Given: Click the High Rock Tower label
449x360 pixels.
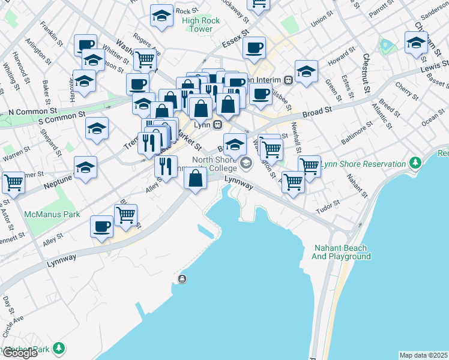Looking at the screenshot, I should pos(201,25).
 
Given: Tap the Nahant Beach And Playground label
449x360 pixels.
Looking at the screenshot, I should pos(341,252).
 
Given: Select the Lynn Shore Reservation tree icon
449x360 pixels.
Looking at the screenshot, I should pos(414,163).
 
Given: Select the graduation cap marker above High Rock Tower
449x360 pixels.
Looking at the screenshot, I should pos(161,16).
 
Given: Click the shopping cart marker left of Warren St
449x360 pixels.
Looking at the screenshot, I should pos(14,182).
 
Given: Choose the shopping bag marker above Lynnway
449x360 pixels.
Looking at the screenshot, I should pos(196,179).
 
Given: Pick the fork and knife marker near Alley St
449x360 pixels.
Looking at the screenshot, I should pos(166,166).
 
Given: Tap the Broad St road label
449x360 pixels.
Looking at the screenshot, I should pos(317,112).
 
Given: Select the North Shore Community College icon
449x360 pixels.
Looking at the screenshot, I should pos(246,163).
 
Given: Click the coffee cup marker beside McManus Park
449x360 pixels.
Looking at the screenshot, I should pos(101,227).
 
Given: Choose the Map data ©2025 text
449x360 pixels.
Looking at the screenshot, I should pos(423,355).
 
